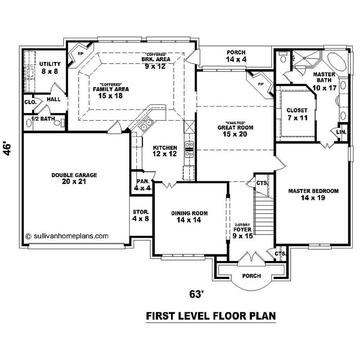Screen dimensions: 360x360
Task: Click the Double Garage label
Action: (74, 179)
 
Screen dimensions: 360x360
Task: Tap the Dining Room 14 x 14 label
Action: (189, 217)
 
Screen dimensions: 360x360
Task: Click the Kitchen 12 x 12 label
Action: (165, 151)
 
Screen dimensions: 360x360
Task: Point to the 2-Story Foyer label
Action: (242, 229)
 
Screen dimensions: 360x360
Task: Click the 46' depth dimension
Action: (7, 149)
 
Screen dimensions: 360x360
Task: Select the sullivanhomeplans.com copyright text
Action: (67, 235)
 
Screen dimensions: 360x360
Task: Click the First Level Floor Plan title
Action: (211, 316)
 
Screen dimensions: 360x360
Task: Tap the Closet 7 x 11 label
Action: (297, 113)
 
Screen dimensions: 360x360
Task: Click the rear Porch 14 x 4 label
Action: (236, 56)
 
